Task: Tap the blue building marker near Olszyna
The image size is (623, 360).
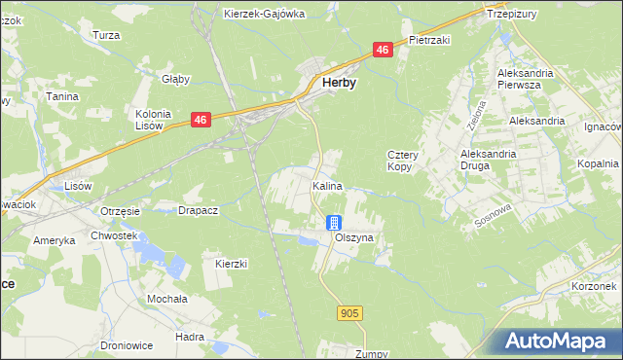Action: tap(334, 223)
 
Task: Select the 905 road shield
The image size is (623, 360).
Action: tap(351, 312)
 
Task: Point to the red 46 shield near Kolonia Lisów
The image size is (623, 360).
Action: tap(201, 120)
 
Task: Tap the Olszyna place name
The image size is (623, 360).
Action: tap(352, 237)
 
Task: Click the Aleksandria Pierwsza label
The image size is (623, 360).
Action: tap(525, 79)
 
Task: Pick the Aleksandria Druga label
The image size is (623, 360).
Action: tap(494, 161)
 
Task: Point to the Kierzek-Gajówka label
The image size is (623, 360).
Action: tap(264, 14)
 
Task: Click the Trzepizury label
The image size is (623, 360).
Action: tap(512, 15)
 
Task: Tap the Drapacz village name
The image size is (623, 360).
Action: tap(198, 209)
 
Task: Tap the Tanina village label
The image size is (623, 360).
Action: tap(61, 96)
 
